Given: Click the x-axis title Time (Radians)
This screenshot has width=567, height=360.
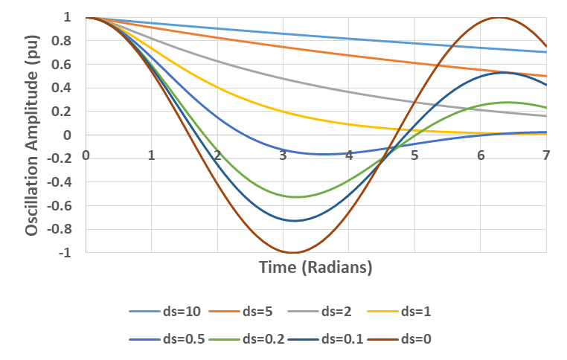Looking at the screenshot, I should coord(315,267).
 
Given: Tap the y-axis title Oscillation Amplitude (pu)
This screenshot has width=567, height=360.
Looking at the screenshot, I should coord(31,135).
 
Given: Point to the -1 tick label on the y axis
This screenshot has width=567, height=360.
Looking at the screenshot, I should coord(68,253).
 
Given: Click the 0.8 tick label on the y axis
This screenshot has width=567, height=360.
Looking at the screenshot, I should coord(65,40).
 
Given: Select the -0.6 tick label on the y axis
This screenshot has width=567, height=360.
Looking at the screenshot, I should coord(63,205).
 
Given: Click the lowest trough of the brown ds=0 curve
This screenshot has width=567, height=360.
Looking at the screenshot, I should coord(292,253).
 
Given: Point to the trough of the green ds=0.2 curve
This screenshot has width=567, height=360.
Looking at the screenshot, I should coord(297,197).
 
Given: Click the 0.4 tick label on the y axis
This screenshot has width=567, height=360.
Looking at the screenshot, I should coord(65,88).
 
